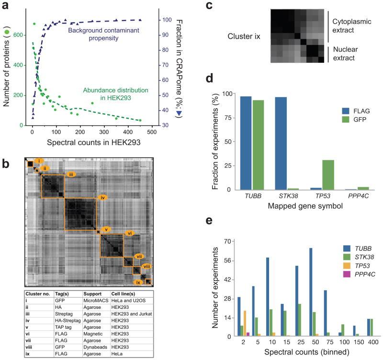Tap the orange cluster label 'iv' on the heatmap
[x=102, y=197]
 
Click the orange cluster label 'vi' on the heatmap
[x=129, y=233]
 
